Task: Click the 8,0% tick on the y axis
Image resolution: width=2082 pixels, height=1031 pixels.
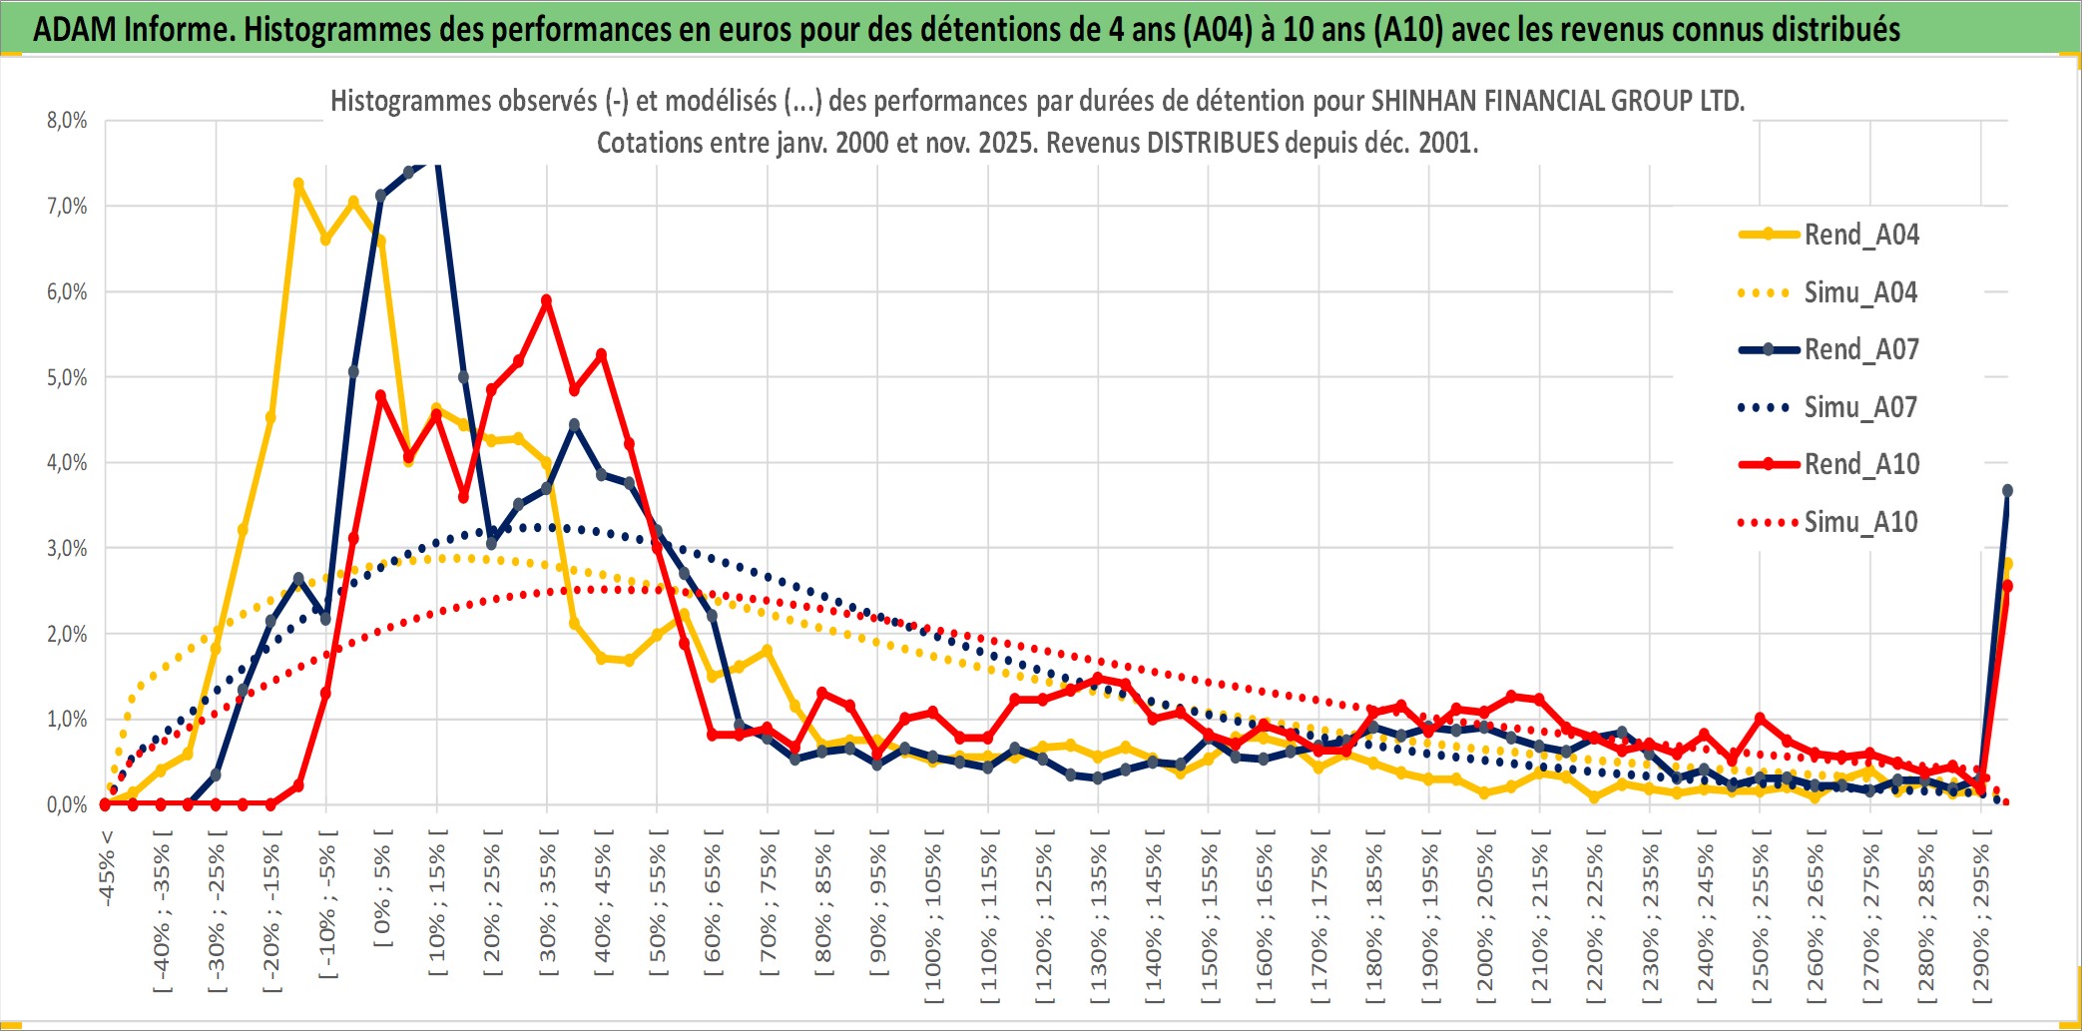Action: point(67,121)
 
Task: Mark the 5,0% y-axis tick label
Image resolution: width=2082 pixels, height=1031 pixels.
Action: point(67,378)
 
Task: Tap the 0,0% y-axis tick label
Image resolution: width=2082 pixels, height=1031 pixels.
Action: point(67,804)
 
